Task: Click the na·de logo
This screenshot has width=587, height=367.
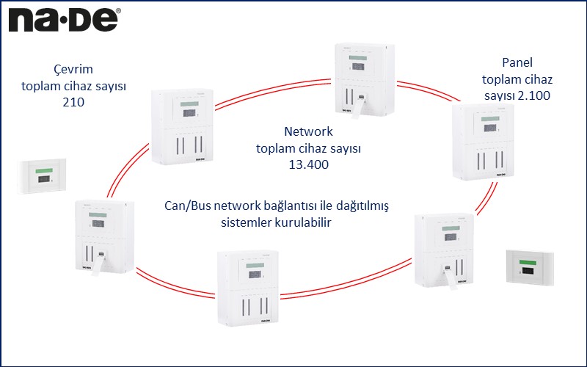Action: [x=62, y=19]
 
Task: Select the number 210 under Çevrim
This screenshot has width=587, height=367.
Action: [x=73, y=103]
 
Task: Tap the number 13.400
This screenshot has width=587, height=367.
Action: [x=308, y=164]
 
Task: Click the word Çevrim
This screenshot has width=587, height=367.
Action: [x=73, y=69]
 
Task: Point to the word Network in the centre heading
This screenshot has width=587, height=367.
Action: [x=308, y=132]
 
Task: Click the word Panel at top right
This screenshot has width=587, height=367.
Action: [x=517, y=62]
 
